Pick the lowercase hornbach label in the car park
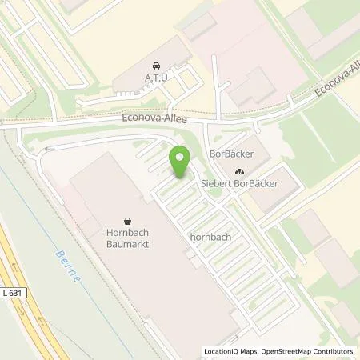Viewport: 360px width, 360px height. coord(211,238)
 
